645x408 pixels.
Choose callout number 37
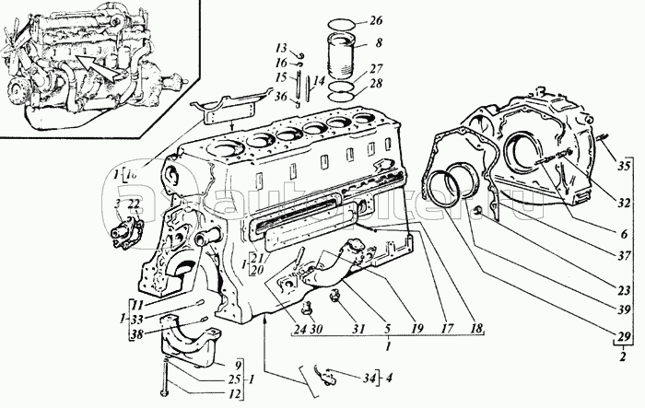[624, 254]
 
